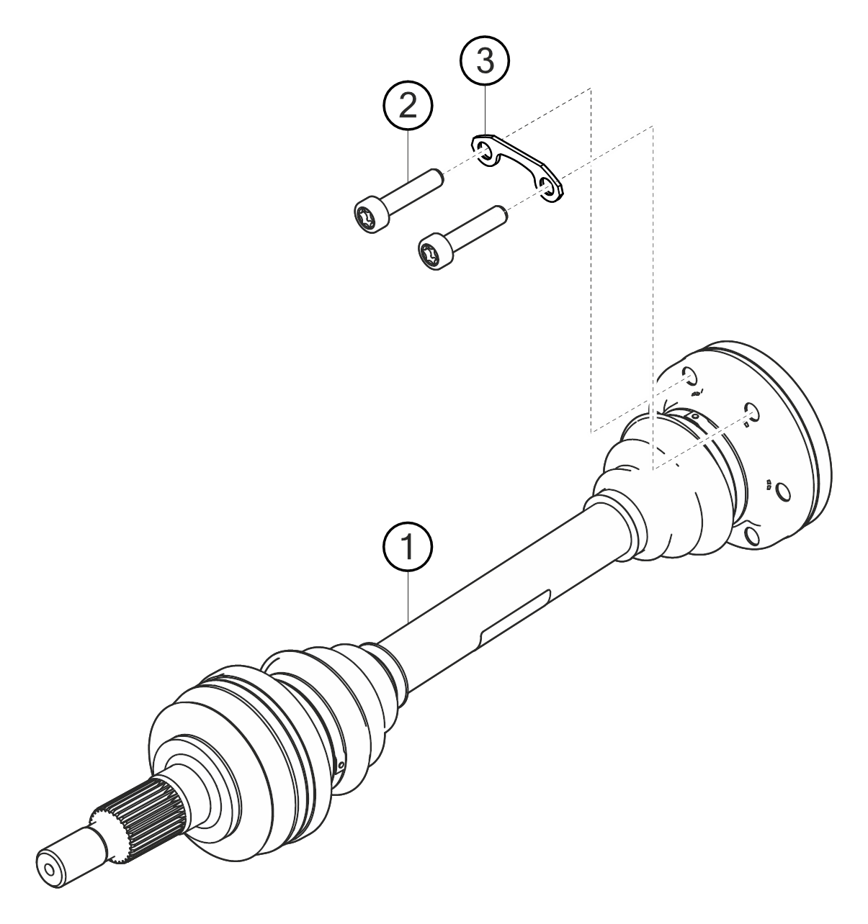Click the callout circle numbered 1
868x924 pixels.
(x=407, y=546)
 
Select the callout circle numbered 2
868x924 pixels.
(x=408, y=107)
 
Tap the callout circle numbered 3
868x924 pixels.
(x=485, y=61)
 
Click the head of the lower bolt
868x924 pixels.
(x=436, y=253)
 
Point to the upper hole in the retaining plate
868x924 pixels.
(x=485, y=153)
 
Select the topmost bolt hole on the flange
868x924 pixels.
(x=689, y=376)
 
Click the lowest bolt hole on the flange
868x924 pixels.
(x=751, y=536)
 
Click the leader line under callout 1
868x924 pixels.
(x=408, y=598)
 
